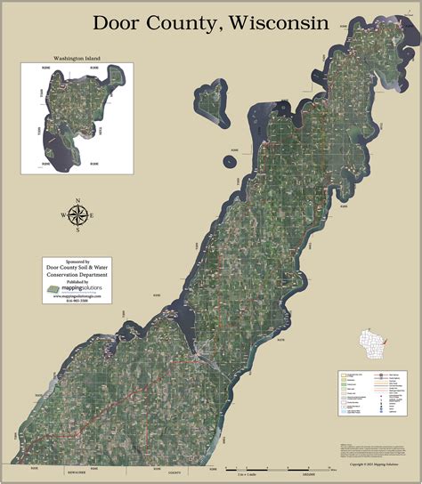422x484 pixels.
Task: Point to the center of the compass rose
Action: click(x=78, y=215)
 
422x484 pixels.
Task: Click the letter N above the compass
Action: click(x=78, y=200)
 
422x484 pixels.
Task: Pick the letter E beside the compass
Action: click(x=93, y=215)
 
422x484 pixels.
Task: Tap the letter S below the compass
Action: click(x=78, y=230)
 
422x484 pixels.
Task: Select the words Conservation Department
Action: click(x=77, y=276)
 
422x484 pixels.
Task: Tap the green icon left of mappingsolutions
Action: click(x=53, y=290)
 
